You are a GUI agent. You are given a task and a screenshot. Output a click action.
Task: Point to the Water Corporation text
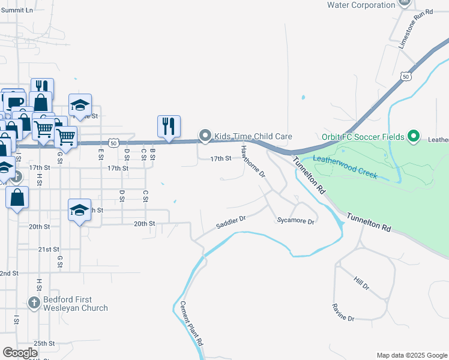pos(360,5)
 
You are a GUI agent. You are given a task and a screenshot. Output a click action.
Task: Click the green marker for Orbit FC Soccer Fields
pos(413,137)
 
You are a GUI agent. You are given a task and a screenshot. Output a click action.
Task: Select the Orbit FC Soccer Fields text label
pos(364,137)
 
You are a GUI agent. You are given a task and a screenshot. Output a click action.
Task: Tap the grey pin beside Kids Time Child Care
pos(205,136)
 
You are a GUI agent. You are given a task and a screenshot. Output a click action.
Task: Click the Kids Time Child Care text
pos(254,137)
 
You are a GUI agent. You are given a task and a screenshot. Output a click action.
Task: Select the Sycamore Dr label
pos(295,221)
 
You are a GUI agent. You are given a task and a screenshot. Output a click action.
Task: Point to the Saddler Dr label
pos(231,223)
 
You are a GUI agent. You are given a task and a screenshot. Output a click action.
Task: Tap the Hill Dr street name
pos(361,284)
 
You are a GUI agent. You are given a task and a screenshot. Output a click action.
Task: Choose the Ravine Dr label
pos(343,311)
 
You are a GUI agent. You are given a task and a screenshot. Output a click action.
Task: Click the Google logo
pos(20,353)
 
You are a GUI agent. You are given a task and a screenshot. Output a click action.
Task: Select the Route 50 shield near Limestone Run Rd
pos(406,76)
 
